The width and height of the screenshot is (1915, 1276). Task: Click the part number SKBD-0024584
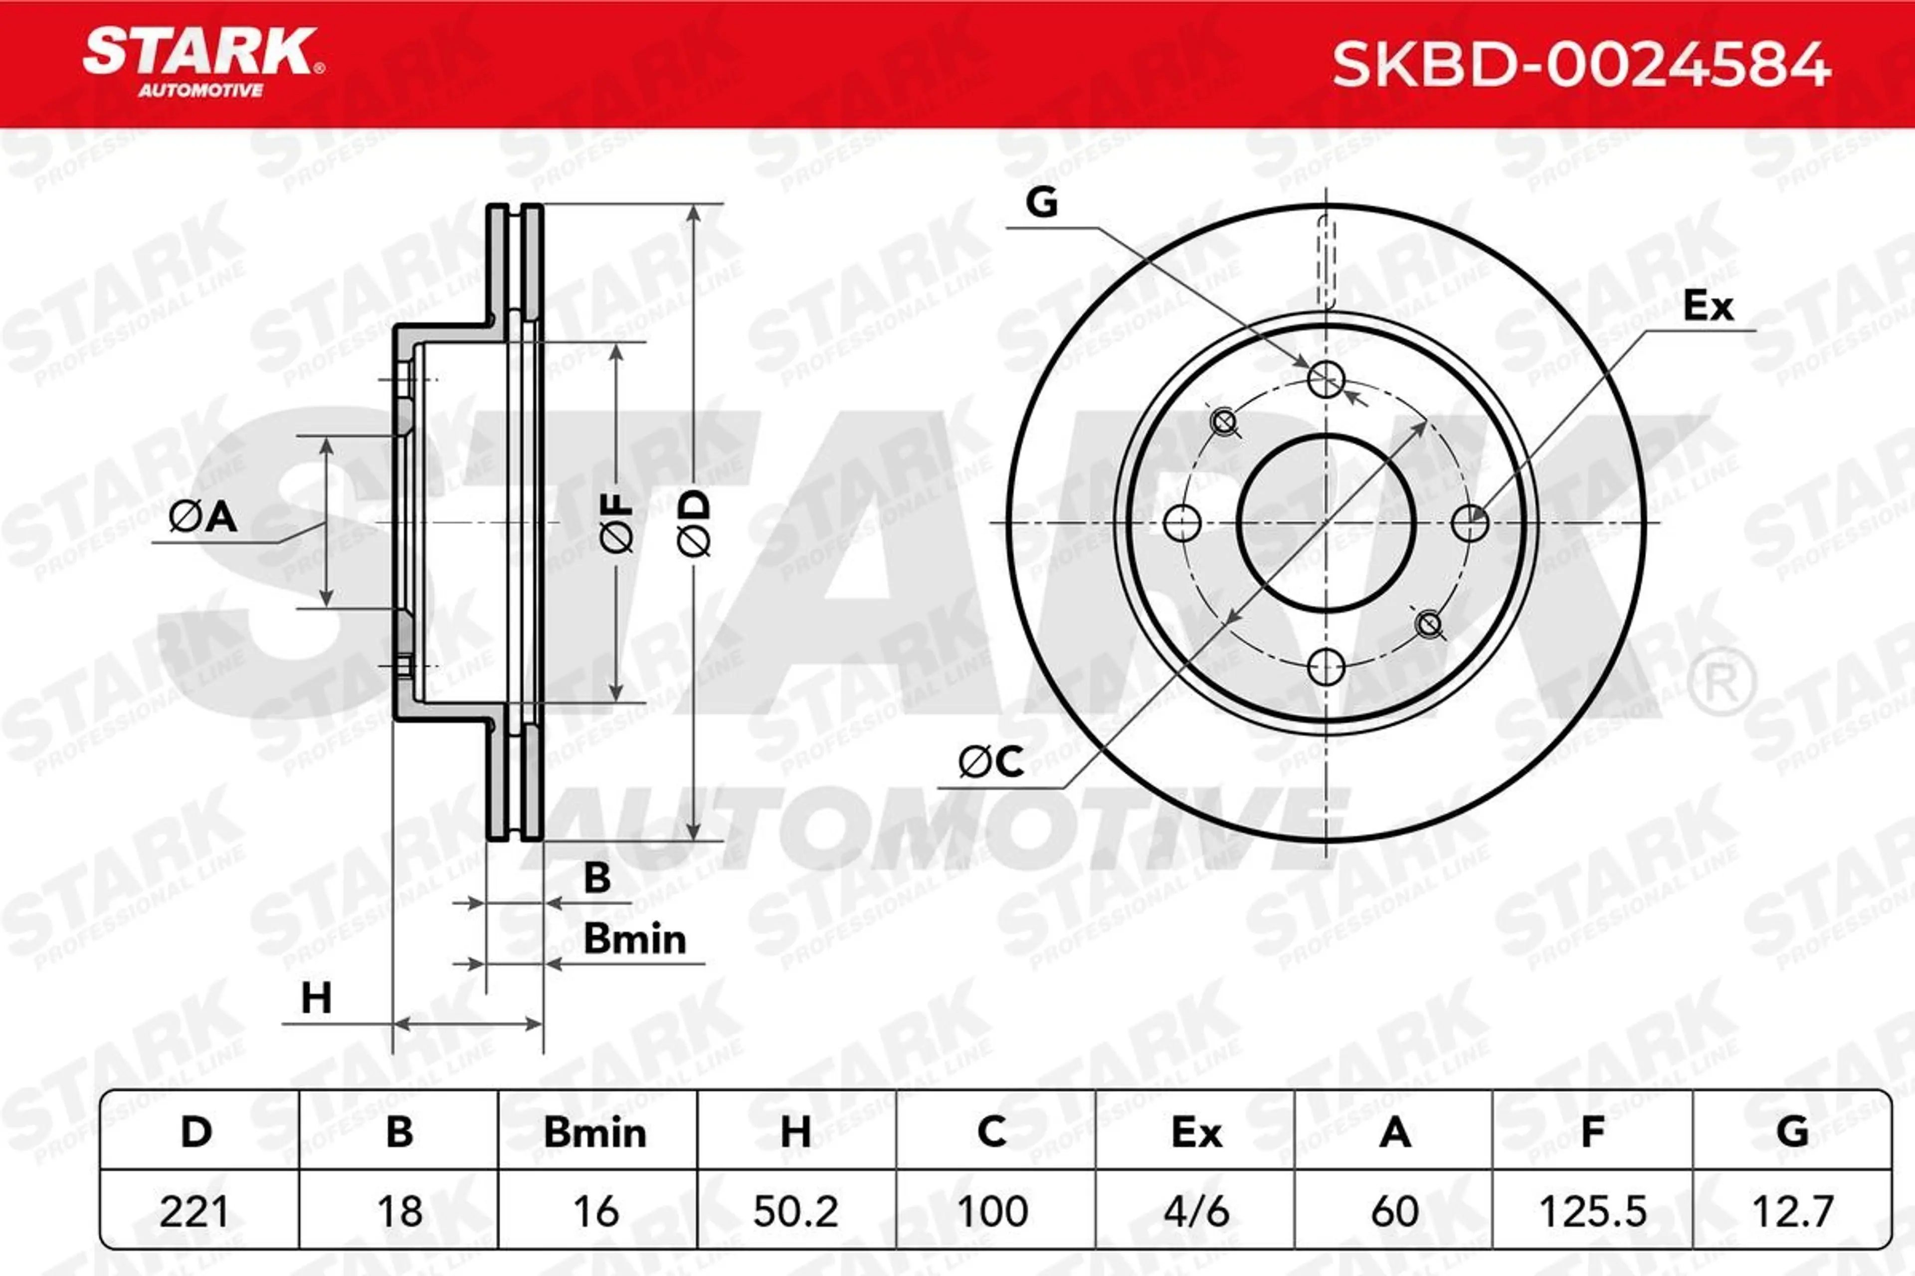1582,65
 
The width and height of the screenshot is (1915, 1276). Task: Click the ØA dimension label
203,517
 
